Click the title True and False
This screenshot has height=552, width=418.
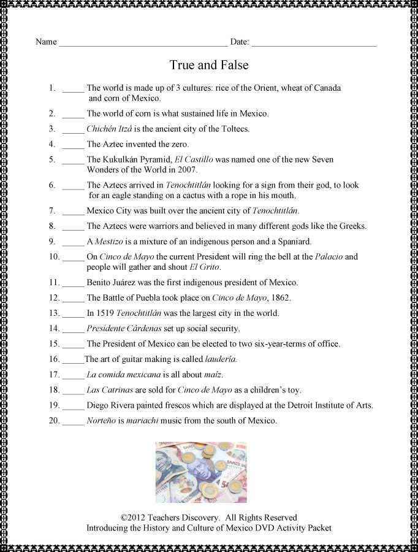click(x=208, y=65)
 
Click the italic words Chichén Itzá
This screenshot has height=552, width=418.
click(x=108, y=129)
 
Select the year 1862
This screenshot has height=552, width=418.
click(x=280, y=298)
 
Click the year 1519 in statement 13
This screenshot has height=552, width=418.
click(x=104, y=313)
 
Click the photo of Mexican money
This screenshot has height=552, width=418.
click(x=201, y=472)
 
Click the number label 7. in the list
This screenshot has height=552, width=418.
click(x=52, y=210)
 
